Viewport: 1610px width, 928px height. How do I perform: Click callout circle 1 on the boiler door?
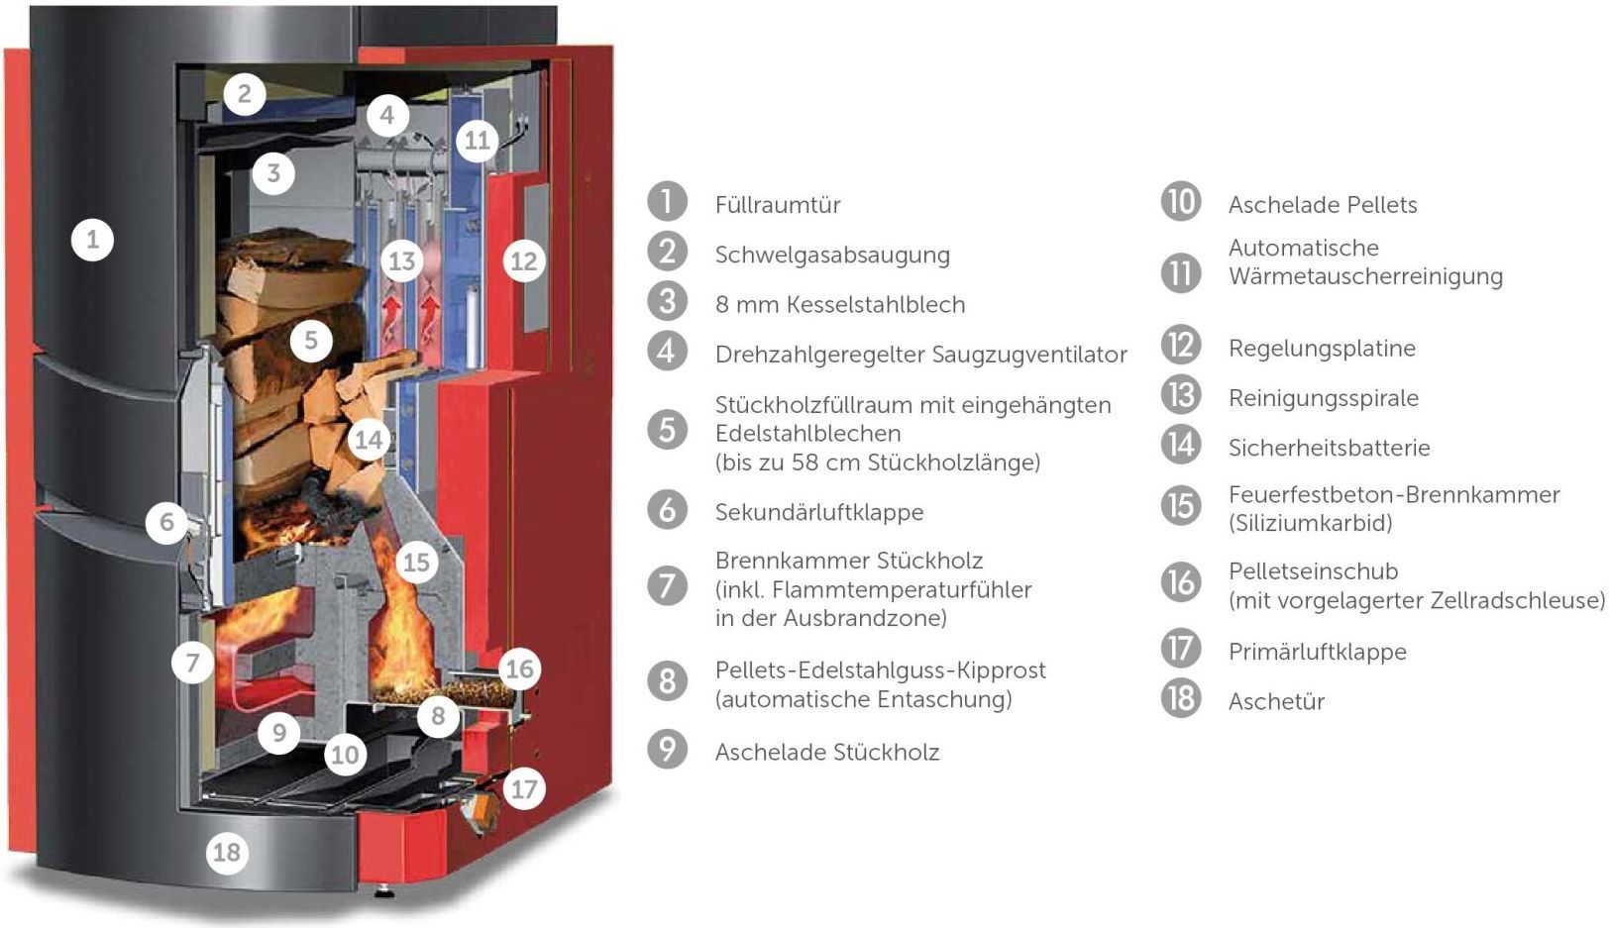coord(92,240)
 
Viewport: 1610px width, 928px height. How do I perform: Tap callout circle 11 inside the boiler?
coord(477,141)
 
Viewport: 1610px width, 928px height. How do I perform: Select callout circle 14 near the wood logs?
coord(368,439)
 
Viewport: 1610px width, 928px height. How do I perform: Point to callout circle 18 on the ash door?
coord(227,852)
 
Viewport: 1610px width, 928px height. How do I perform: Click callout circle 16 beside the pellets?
coord(519,670)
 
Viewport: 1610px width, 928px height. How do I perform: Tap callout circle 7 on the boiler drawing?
coord(193,663)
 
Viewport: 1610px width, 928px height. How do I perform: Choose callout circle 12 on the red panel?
coord(523,261)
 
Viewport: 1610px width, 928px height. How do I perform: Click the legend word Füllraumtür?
coord(778,205)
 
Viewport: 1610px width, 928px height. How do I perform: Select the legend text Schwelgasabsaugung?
coord(832,255)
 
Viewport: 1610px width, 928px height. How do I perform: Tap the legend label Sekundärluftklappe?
coord(819,512)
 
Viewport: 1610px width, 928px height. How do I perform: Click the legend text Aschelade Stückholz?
coord(827,752)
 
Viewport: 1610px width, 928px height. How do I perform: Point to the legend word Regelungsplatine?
coord(1322,349)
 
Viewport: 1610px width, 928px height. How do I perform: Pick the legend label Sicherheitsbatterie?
coord(1329,448)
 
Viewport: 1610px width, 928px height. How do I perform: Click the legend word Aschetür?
coord(1276,701)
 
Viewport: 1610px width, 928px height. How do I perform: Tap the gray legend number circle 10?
coord(1181,202)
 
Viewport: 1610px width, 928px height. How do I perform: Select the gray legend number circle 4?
coord(667,352)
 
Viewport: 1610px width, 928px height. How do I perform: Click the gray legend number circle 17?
coord(1181,649)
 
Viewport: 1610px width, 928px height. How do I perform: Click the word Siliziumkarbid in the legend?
coord(1311,523)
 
